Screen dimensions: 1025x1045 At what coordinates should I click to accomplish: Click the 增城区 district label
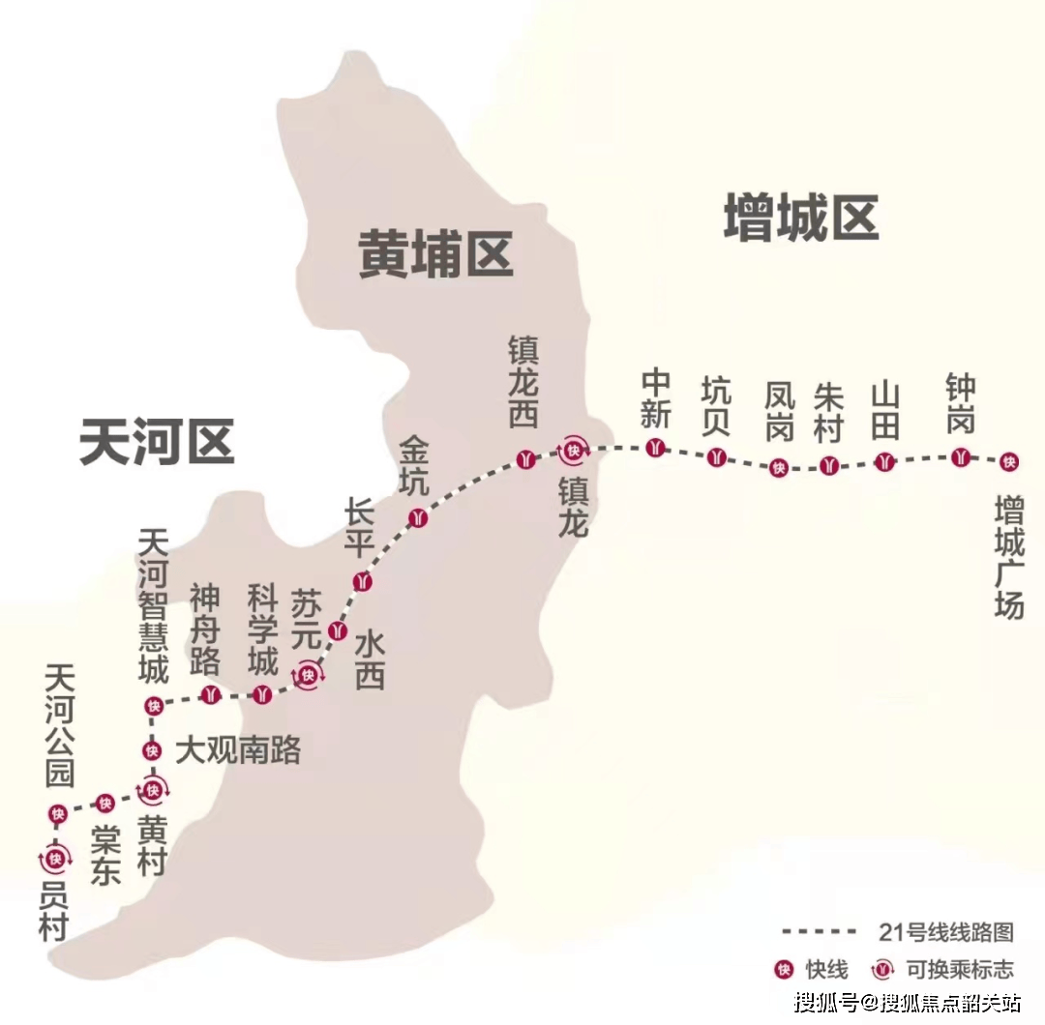(801, 217)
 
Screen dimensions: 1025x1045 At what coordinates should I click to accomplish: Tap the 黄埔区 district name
(435, 254)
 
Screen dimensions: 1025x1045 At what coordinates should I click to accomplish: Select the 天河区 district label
(157, 442)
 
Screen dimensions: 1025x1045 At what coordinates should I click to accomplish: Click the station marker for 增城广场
(1009, 462)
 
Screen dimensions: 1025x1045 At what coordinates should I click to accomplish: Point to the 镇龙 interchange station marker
(575, 450)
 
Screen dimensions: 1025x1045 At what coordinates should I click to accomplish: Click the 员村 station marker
(55, 858)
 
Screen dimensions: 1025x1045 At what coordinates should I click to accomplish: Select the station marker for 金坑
(417, 516)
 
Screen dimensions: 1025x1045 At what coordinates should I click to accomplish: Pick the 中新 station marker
(656, 448)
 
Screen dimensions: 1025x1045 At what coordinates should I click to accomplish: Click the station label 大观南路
(238, 749)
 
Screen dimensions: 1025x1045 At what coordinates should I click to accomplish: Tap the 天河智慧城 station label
(154, 605)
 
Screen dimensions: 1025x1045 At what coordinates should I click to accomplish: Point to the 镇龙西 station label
(523, 381)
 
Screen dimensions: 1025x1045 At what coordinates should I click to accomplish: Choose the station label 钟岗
(960, 404)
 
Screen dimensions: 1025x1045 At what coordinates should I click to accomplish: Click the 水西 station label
(370, 659)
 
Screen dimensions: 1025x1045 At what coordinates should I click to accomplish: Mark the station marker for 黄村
(152, 791)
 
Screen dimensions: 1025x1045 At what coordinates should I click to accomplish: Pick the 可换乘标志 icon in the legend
(881, 969)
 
